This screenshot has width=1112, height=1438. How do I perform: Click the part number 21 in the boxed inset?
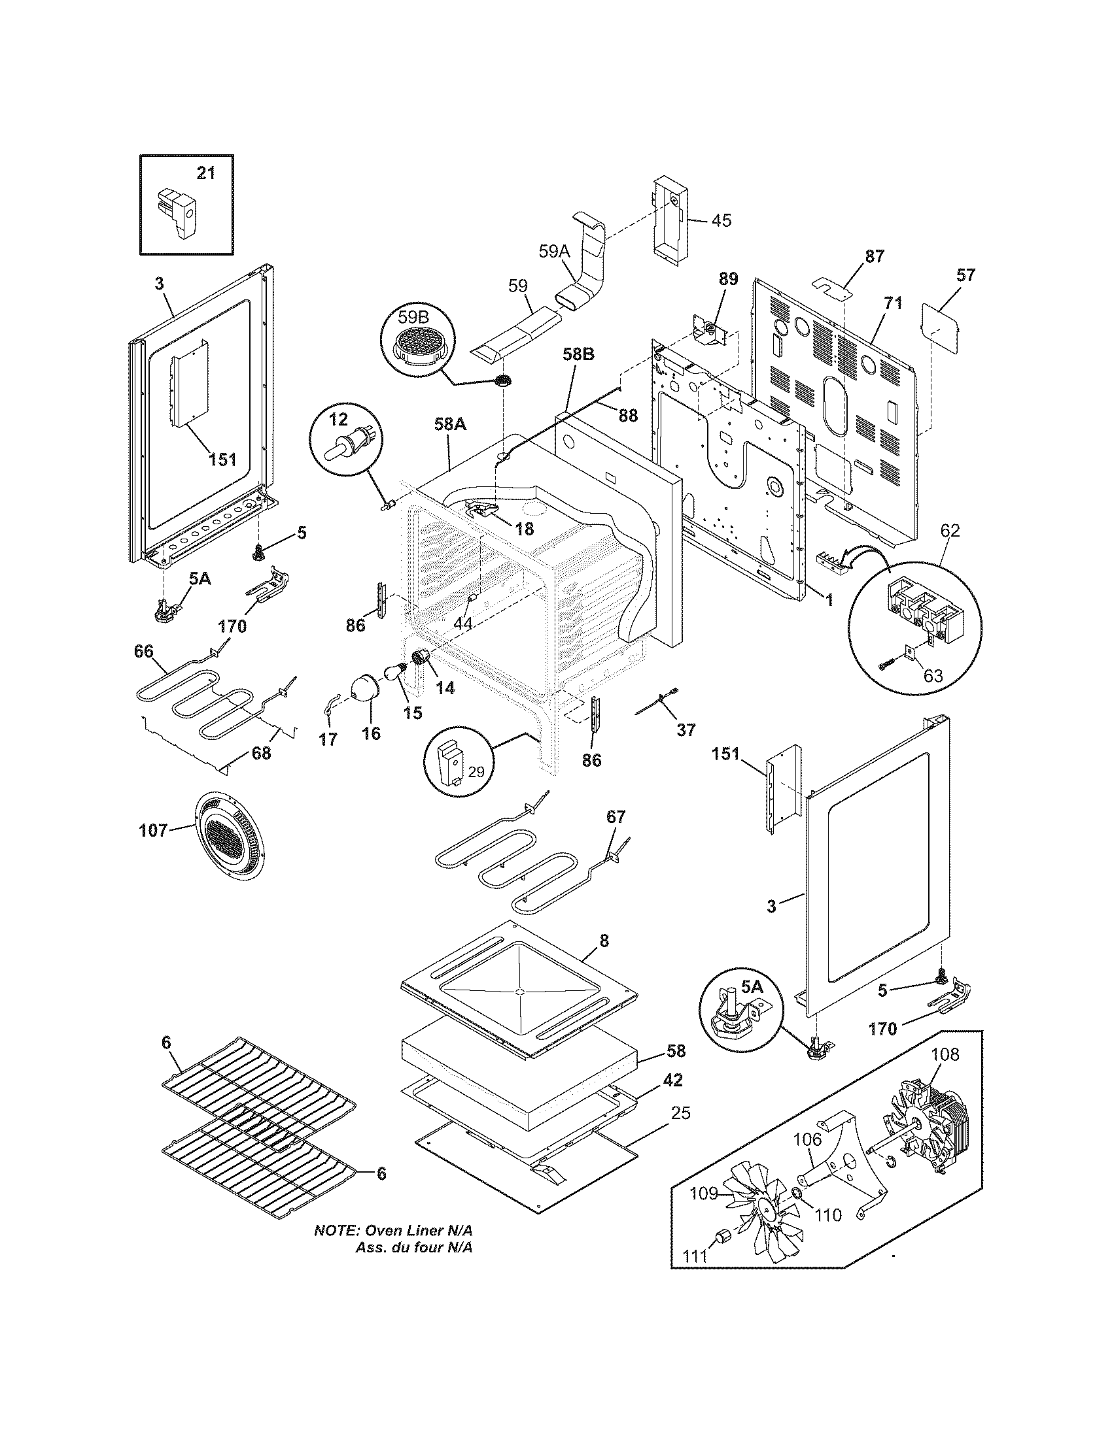[205, 173]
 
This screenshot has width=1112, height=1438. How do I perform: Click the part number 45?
[721, 220]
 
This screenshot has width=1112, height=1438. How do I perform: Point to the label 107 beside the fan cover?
[153, 831]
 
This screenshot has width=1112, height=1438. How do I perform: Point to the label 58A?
[450, 425]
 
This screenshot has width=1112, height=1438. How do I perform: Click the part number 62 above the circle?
[949, 530]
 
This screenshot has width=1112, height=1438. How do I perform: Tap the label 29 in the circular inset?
[476, 771]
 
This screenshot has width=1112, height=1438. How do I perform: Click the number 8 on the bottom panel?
[604, 941]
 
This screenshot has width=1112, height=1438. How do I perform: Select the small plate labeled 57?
[940, 326]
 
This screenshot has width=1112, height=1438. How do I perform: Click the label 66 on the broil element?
[143, 651]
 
